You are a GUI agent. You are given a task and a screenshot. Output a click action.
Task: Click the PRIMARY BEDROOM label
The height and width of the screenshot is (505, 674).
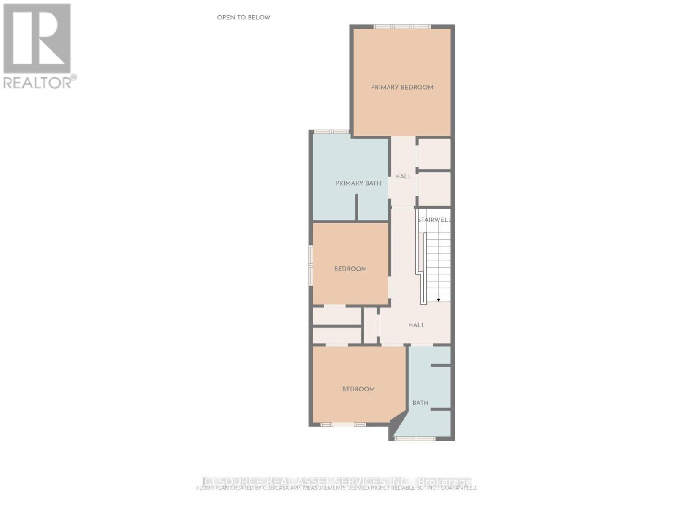click(402, 88)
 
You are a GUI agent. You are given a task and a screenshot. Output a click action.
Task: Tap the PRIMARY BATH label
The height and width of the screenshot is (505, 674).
click(358, 183)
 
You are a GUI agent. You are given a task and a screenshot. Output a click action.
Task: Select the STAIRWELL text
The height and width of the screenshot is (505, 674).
click(434, 220)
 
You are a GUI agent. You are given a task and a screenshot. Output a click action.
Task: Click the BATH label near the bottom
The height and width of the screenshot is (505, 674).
click(420, 403)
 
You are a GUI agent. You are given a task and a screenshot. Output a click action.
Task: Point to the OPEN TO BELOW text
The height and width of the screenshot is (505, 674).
click(243, 17)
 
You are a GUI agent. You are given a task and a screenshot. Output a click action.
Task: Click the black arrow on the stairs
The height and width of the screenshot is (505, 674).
click(439, 300)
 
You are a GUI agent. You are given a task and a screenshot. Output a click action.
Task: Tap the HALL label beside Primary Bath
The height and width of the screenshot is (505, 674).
click(403, 176)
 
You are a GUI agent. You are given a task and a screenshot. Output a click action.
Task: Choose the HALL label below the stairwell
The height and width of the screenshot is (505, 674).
click(416, 325)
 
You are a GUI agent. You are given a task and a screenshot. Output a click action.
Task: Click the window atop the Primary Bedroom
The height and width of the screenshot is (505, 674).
click(402, 27)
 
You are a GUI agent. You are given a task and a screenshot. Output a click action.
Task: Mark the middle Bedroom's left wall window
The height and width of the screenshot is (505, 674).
click(311, 266)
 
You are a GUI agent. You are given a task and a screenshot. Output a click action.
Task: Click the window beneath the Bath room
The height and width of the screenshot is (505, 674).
click(415, 439)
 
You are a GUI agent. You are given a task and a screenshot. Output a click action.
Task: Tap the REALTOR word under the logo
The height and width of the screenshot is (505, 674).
click(38, 82)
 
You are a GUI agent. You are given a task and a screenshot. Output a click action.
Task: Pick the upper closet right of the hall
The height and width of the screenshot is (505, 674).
click(434, 153)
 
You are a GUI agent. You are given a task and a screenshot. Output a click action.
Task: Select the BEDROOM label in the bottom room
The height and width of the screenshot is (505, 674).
click(358, 389)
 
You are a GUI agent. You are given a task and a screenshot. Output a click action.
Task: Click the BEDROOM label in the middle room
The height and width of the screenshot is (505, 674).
click(350, 269)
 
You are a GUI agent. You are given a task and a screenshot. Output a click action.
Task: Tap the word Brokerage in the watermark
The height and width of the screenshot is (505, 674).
click(445, 482)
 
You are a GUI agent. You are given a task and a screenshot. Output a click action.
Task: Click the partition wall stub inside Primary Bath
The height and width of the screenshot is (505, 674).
click(356, 207)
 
